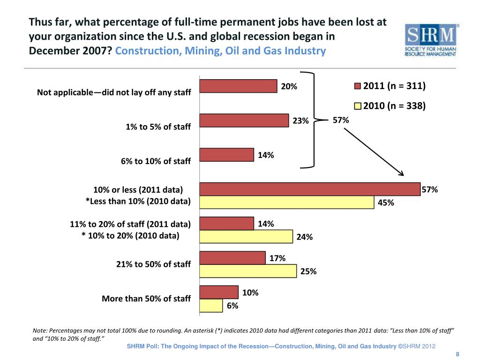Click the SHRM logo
[431, 40]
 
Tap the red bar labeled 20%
[238, 86]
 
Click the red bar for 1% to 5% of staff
[244, 120]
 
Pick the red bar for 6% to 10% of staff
[226, 155]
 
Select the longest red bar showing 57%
[310, 189]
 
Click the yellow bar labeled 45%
[287, 202]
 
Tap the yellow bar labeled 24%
[246, 237]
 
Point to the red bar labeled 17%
[232, 258]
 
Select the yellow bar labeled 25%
[248, 271]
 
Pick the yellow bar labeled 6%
[211, 306]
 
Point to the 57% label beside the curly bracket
[340, 120]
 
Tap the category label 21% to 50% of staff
[153, 264]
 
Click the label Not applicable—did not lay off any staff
[114, 92]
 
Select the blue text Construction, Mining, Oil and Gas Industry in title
[220, 51]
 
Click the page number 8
[457, 354]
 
